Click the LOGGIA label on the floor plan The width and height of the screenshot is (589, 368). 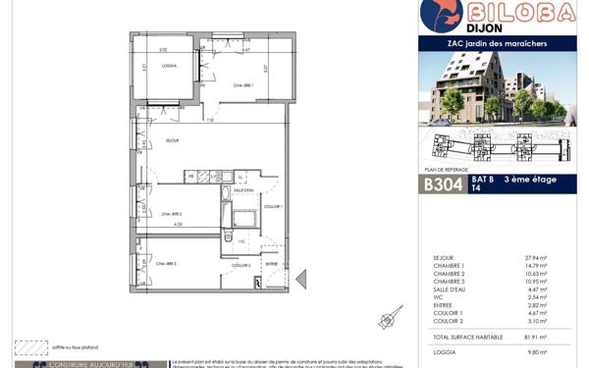point(169,68)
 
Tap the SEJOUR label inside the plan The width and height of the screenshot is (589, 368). point(173,140)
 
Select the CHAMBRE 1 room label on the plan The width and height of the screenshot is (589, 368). point(243,85)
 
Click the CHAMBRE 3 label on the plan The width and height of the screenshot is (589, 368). point(165,263)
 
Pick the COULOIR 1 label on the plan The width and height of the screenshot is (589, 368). point(273,207)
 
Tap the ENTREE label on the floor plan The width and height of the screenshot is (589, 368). point(272,264)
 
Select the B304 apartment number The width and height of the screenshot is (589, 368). point(445,184)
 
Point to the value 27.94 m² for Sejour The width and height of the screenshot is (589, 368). point(536,258)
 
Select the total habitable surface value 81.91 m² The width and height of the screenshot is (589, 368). point(535,337)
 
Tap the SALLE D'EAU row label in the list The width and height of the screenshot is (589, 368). point(451,289)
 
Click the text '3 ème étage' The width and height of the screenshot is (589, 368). point(531,180)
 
